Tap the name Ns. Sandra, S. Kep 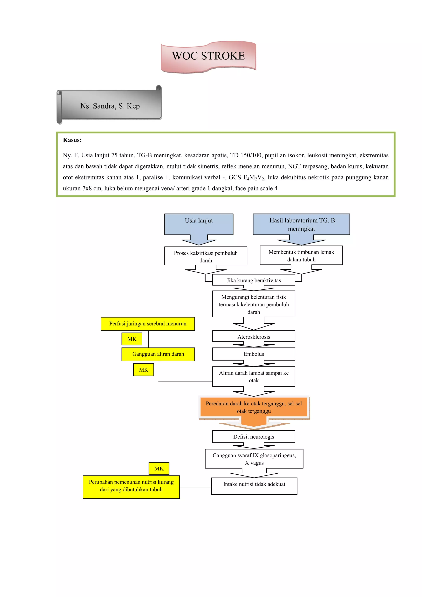pyautogui.click(x=110, y=106)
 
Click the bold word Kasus pyautogui.click(x=72, y=140)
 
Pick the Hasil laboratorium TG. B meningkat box pyautogui.click(x=301, y=224)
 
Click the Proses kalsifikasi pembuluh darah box pyautogui.click(x=205, y=256)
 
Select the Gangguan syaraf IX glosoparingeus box pyautogui.click(x=254, y=459)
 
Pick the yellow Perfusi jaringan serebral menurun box pyautogui.click(x=148, y=324)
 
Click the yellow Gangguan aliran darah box pyautogui.click(x=158, y=354)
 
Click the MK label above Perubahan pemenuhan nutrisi pyautogui.click(x=159, y=468)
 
